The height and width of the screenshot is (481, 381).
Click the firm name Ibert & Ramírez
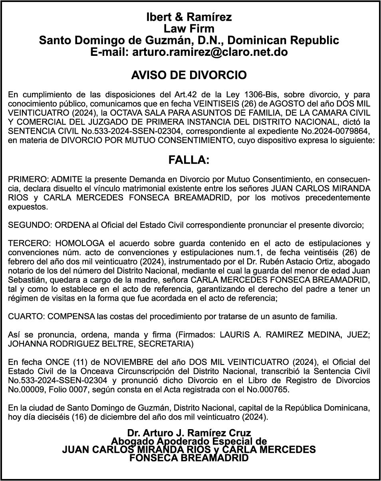click(x=189, y=17)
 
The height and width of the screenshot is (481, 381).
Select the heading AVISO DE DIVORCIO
click(x=189, y=75)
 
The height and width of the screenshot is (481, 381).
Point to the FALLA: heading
click(x=189, y=160)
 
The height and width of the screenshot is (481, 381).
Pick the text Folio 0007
click(x=60, y=389)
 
